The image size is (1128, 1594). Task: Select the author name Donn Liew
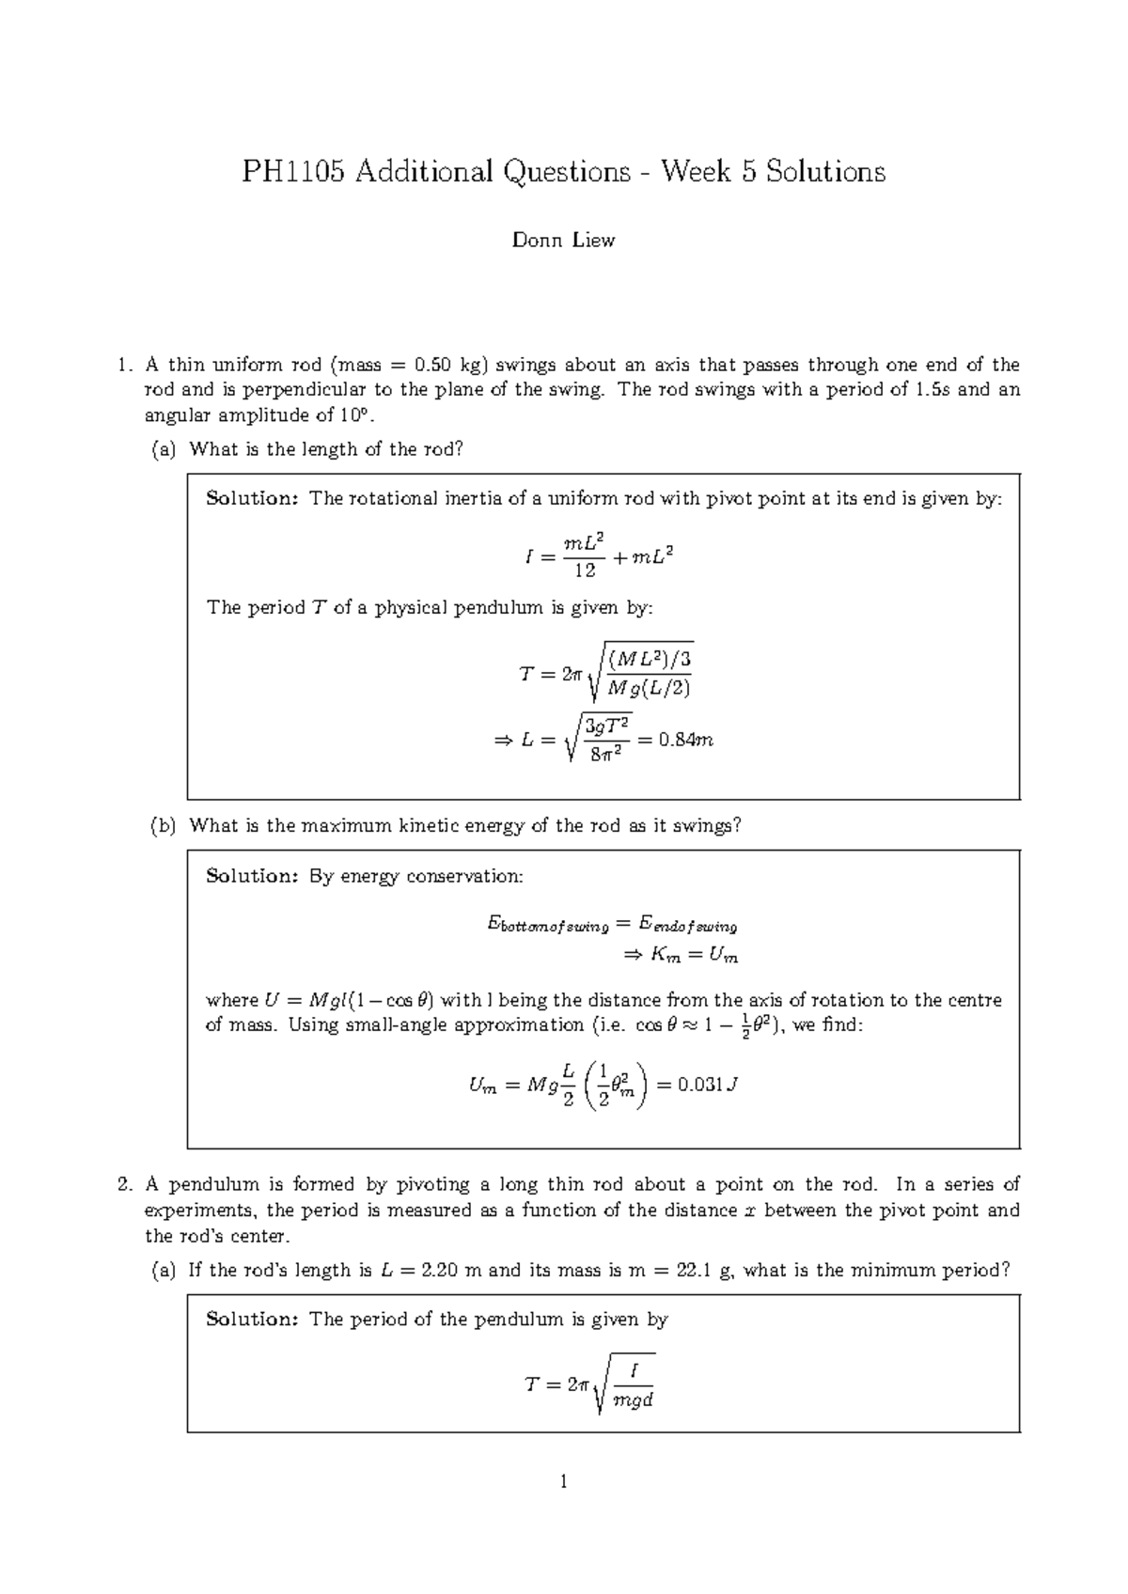[563, 241]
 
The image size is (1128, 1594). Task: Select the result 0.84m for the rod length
[685, 740]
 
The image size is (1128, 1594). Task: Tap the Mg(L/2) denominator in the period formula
[649, 688]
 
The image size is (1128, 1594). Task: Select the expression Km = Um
[695, 956]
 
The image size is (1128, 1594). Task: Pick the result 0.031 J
[708, 1085]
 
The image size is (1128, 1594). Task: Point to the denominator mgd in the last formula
[632, 1400]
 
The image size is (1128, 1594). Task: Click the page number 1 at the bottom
[563, 1483]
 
